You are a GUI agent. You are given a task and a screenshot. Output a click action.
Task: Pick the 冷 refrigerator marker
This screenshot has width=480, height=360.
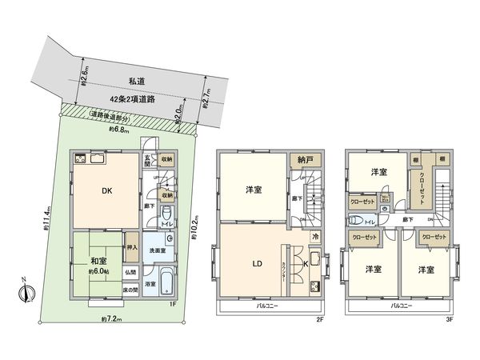pyautogui.click(x=315, y=237)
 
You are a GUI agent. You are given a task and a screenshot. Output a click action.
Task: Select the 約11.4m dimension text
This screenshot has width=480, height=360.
pyautogui.click(x=47, y=219)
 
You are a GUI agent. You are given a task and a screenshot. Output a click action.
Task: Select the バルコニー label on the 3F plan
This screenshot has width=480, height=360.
pyautogui.click(x=401, y=306)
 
